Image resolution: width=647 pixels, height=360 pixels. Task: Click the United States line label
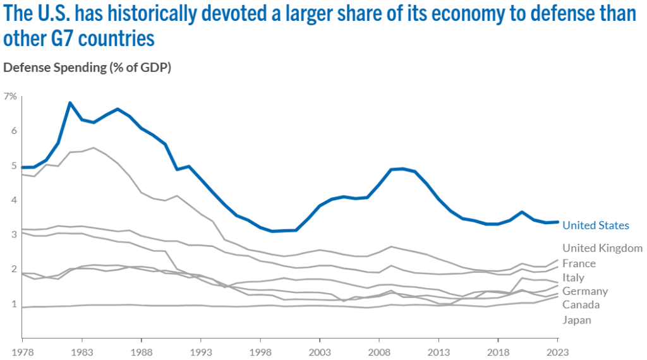click(596, 225)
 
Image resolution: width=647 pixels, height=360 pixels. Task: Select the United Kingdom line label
click(602, 248)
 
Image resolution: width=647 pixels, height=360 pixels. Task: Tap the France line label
click(579, 263)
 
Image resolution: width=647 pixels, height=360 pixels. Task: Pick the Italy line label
click(573, 277)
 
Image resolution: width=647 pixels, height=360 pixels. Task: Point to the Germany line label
click(585, 291)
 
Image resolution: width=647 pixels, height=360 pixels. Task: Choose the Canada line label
click(581, 305)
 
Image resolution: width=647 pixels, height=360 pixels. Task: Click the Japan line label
click(577, 320)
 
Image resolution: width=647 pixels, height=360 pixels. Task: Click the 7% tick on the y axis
click(10, 96)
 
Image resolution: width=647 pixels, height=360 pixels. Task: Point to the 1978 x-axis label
click(23, 349)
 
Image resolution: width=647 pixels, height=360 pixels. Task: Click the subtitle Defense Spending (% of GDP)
click(87, 67)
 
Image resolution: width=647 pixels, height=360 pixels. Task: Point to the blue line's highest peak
click(70, 102)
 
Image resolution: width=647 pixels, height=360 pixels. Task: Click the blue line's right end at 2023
click(557, 222)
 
